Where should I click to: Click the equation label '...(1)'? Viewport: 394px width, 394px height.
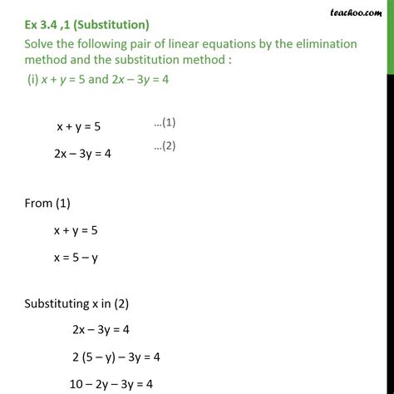pyautogui.click(x=164, y=123)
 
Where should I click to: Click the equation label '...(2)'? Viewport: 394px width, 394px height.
pyautogui.click(x=164, y=148)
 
